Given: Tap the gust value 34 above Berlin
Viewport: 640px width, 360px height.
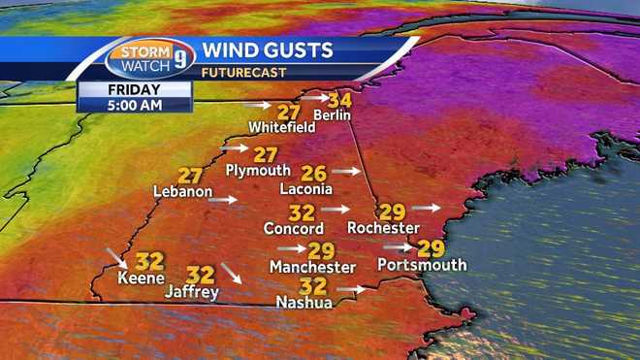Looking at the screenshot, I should coord(339,100).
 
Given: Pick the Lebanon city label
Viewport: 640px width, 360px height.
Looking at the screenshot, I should coord(182,192).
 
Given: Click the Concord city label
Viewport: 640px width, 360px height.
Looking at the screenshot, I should coord(293,229).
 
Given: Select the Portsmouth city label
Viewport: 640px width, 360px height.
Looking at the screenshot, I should coord(422,265).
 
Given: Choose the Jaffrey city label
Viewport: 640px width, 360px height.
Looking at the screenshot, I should coord(191,291).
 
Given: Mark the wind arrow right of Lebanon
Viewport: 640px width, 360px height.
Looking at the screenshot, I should coord(222,200).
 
